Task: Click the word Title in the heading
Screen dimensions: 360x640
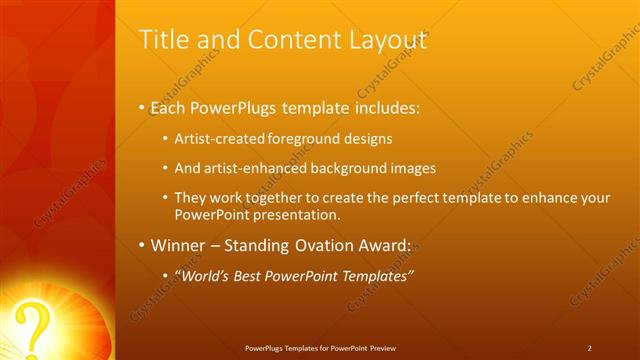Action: tap(161, 40)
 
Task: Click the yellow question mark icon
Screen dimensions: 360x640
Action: tap(35, 326)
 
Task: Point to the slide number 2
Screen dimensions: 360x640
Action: tap(589, 348)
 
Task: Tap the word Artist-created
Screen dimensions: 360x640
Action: tap(218, 139)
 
